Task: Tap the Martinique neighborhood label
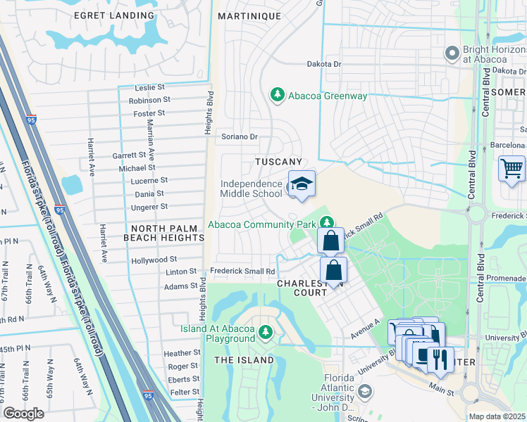pyautogui.click(x=249, y=15)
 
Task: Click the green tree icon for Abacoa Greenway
pyautogui.click(x=278, y=94)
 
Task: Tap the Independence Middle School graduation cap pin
pyautogui.click(x=302, y=184)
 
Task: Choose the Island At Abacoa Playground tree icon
pyautogui.click(x=266, y=331)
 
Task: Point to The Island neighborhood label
pyautogui.click(x=244, y=360)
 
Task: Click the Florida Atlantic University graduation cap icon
pyautogui.click(x=364, y=390)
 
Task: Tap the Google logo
pyautogui.click(x=23, y=413)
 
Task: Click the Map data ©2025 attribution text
pyautogui.click(x=497, y=416)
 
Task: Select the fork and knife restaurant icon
pyautogui.click(x=440, y=359)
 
